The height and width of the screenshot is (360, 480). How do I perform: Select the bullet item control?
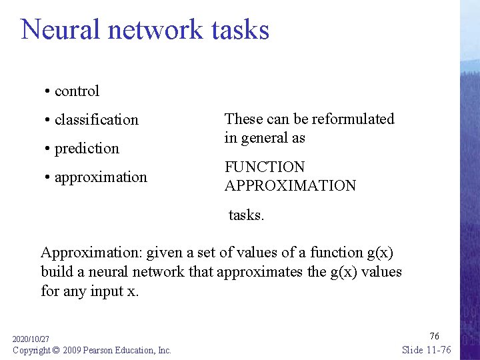[x=77, y=91]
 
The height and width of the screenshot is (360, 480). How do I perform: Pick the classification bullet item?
[x=96, y=120]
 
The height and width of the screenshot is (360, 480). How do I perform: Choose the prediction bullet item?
[x=87, y=149]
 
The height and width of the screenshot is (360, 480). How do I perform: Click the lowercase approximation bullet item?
[x=101, y=177]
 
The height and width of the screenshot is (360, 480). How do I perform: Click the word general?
[x=263, y=139]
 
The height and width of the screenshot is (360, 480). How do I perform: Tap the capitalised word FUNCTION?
[x=265, y=167]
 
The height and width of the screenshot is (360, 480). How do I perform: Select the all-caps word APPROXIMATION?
[x=290, y=186]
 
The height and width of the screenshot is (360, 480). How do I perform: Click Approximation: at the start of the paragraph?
[x=91, y=253]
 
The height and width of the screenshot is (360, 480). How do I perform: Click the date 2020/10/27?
[x=31, y=339]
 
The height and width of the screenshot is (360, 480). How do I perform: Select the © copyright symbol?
[x=56, y=350]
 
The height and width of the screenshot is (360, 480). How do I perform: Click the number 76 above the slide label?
[x=434, y=336]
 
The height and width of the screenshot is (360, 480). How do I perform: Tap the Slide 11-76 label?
[x=427, y=350]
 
